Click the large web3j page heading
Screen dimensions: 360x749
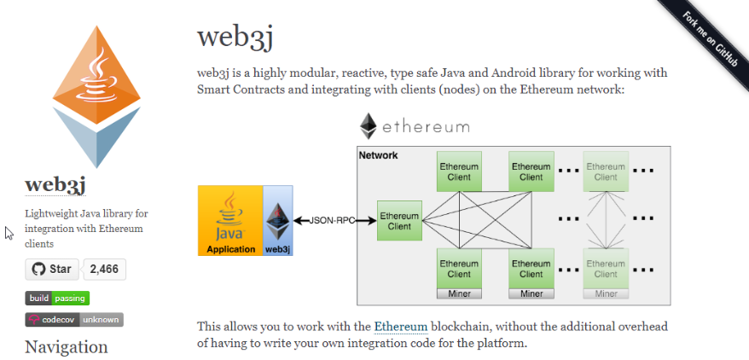coord(235,37)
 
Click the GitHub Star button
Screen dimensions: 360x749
coord(51,270)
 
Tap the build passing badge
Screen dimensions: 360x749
coord(57,298)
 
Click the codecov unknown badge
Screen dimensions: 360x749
coord(74,319)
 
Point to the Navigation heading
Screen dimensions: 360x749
coord(67,347)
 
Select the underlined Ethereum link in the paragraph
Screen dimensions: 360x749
coord(400,326)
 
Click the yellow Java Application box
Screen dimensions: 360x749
coord(229,221)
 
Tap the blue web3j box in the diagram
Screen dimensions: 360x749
coord(277,221)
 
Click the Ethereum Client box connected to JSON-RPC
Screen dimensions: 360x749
coord(399,221)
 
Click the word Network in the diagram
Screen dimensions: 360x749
coord(378,155)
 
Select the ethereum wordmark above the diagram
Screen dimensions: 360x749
coord(426,126)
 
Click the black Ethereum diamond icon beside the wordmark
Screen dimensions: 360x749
coord(369,126)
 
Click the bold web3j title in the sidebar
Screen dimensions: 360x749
coord(55,185)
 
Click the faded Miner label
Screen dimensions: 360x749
coord(606,293)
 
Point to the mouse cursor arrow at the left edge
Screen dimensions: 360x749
coord(9,233)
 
